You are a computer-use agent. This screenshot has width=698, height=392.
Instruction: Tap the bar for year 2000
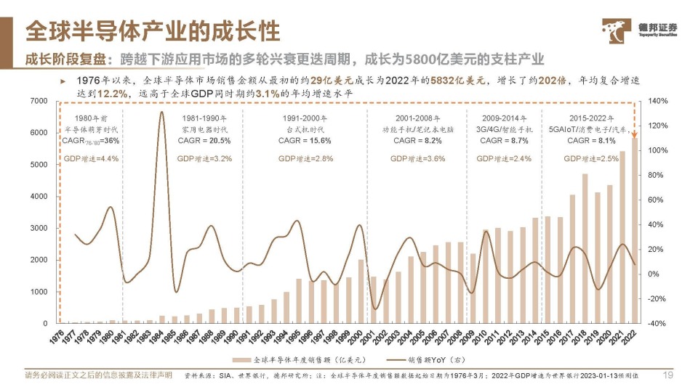(361, 291)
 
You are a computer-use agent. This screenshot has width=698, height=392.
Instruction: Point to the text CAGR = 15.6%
(305, 140)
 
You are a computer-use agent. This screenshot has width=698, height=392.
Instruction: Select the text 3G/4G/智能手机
(503, 128)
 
